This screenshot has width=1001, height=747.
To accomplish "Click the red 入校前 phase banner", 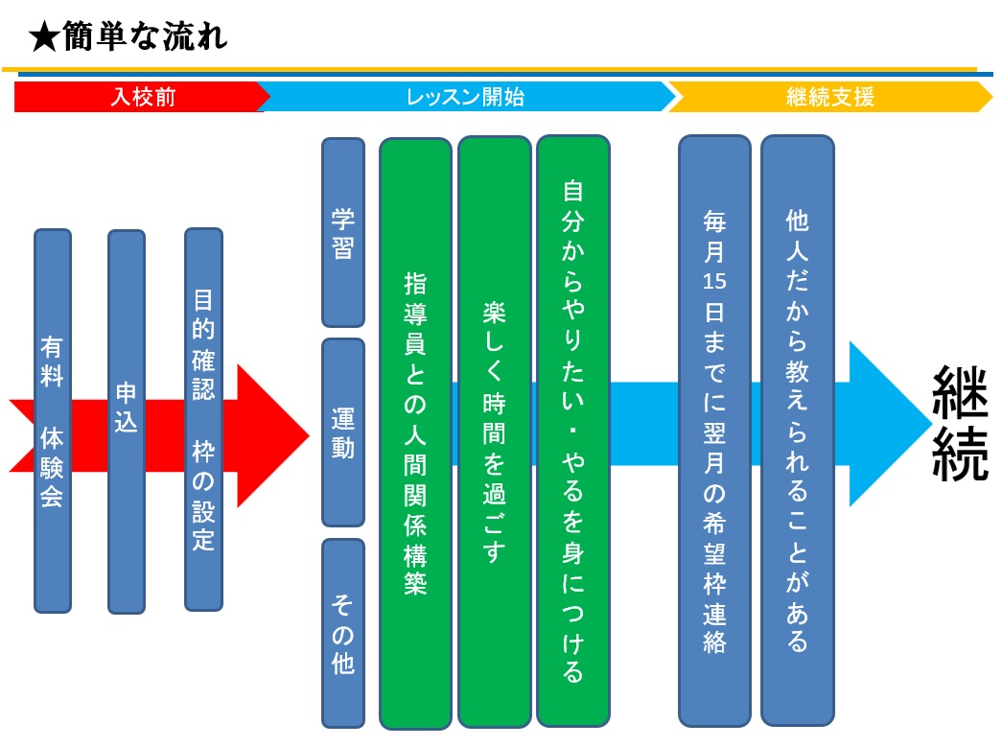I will (141, 97).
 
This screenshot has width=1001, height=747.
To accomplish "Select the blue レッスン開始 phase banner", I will (465, 97).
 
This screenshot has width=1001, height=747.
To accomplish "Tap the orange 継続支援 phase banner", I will (830, 97).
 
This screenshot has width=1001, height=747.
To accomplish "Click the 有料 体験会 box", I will (53, 420).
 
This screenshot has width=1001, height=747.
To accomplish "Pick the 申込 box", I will (127, 420).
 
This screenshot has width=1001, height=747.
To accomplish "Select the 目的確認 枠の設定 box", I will (203, 419).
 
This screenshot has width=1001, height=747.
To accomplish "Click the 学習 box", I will (343, 233).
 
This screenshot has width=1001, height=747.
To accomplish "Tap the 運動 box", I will (343, 432).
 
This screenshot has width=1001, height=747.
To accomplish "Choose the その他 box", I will (343, 633).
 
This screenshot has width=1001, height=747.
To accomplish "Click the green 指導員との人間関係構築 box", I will (415, 433).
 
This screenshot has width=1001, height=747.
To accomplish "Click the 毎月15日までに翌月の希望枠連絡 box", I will (714, 431).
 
